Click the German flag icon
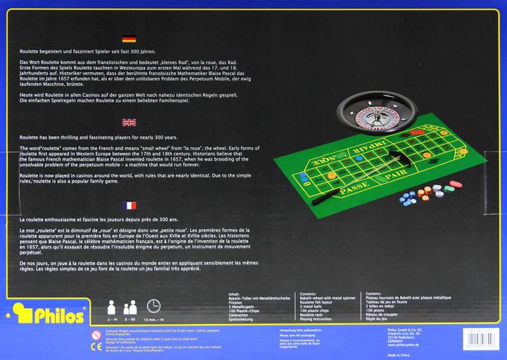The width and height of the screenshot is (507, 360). [129, 40]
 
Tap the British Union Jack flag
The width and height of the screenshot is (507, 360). [129, 122]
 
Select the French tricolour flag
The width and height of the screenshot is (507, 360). [129, 205]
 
